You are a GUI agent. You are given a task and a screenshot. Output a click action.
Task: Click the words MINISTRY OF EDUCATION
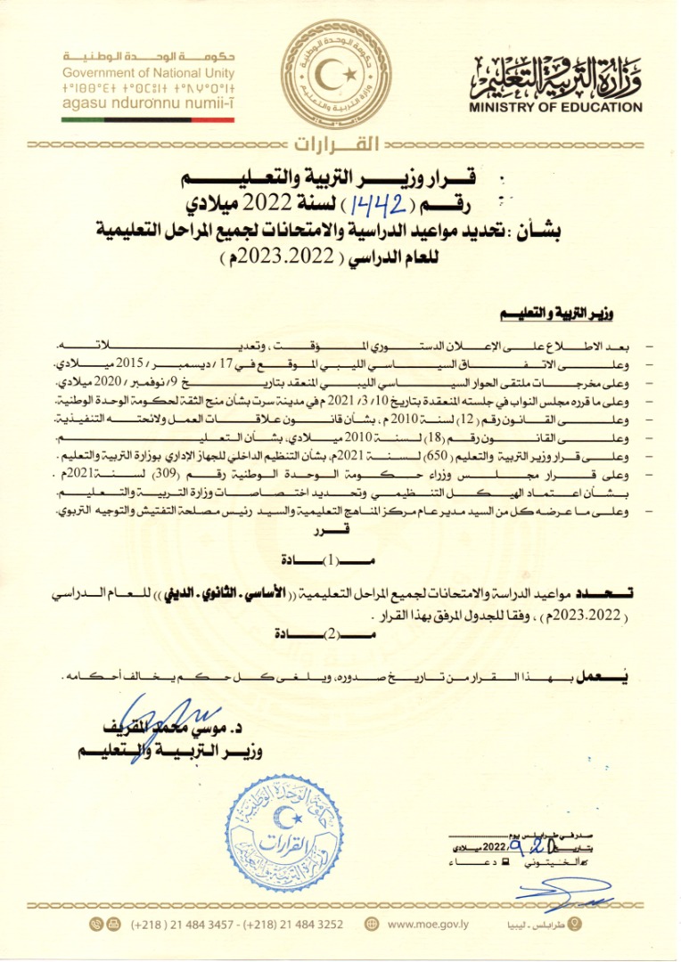click(567, 108)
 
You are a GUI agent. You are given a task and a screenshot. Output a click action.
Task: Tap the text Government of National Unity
click(149, 73)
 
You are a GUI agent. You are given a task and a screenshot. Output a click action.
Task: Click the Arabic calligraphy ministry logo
click(556, 77)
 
